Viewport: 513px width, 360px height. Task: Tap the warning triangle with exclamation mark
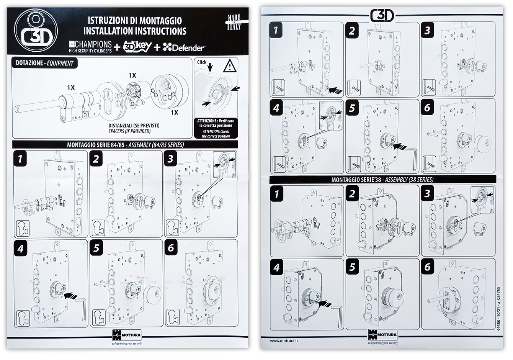tap(229, 67)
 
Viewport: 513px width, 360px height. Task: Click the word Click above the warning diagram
tap(202, 62)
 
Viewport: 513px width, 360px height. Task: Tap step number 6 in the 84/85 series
tap(171, 248)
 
